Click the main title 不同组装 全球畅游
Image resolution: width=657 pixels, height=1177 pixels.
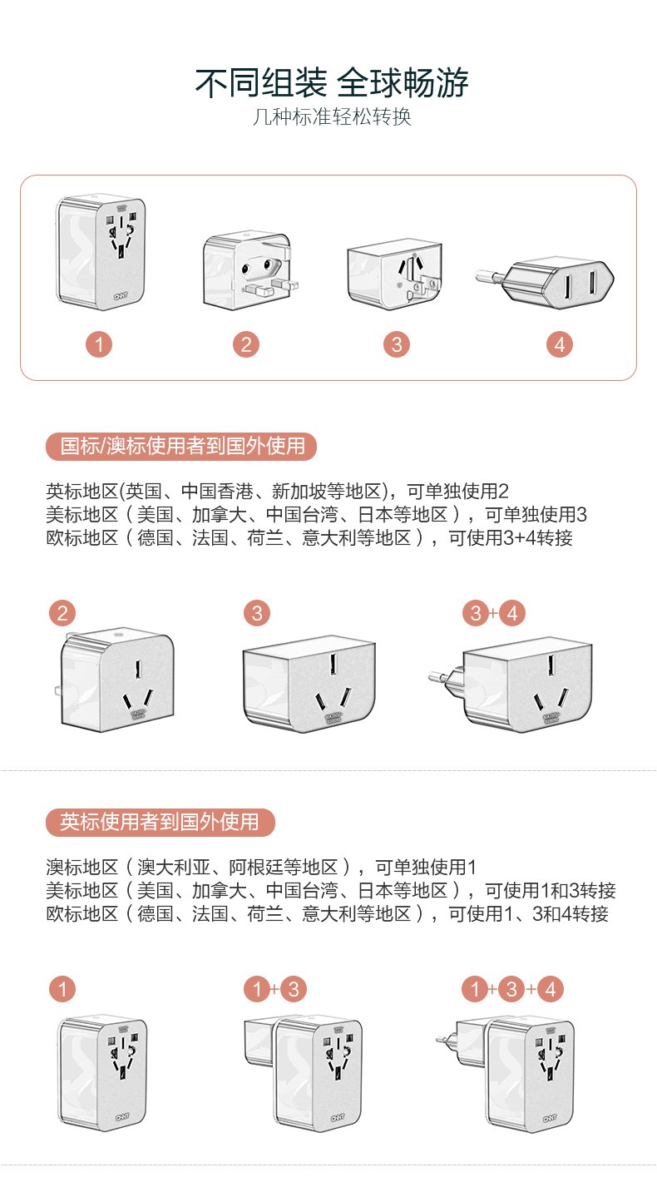pyautogui.click(x=332, y=83)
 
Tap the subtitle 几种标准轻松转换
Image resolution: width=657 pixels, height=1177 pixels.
pyautogui.click(x=332, y=116)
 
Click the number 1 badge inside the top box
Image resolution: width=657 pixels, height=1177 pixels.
pyautogui.click(x=99, y=344)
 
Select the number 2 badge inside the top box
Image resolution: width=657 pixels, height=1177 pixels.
pyautogui.click(x=246, y=344)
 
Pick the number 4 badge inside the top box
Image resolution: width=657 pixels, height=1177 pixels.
pyautogui.click(x=560, y=344)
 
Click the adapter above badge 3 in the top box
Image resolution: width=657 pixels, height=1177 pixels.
pyautogui.click(x=395, y=274)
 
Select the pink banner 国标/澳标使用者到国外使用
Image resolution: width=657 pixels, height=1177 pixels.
pyautogui.click(x=181, y=447)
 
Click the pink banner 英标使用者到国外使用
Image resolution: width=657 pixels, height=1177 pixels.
pyautogui.click(x=161, y=823)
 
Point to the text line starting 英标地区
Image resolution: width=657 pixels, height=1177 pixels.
pyautogui.click(x=277, y=492)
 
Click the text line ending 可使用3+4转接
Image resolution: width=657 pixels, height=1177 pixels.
pyautogui.click(x=309, y=538)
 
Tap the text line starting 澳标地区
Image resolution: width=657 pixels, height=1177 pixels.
pyautogui.click(x=261, y=867)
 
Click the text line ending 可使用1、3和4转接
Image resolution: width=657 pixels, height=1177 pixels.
pyautogui.click(x=327, y=914)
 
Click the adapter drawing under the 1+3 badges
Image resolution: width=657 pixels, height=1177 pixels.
pyautogui.click(x=303, y=1073)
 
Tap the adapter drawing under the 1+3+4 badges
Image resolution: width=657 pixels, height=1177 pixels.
pyautogui.click(x=505, y=1073)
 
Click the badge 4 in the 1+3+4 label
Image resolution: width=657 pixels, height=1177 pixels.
pyautogui.click(x=551, y=989)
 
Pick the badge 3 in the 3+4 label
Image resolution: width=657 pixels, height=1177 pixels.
pyautogui.click(x=476, y=613)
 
